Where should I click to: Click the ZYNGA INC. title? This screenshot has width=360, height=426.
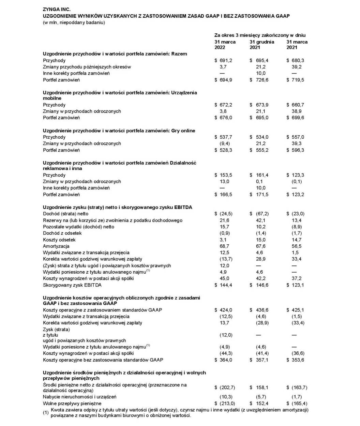[x=57, y=10]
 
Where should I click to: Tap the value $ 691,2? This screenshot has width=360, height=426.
[x=223, y=60]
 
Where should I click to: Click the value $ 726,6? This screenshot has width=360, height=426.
[x=259, y=80]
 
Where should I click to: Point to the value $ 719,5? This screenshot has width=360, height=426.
[x=295, y=80]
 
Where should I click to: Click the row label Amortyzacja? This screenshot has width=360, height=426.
[x=56, y=246]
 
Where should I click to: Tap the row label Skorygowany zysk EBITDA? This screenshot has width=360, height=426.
[x=72, y=285]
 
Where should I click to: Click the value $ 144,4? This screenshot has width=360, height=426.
[x=223, y=285]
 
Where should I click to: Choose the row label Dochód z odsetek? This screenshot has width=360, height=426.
[x=62, y=233]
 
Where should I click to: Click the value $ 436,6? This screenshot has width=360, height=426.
[x=259, y=310]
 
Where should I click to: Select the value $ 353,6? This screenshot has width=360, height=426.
[x=295, y=360]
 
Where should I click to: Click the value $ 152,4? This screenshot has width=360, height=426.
[x=259, y=404]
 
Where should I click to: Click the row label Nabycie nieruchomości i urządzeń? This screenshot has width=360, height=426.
[x=80, y=397]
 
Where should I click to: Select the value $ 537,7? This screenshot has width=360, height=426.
[x=223, y=137]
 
